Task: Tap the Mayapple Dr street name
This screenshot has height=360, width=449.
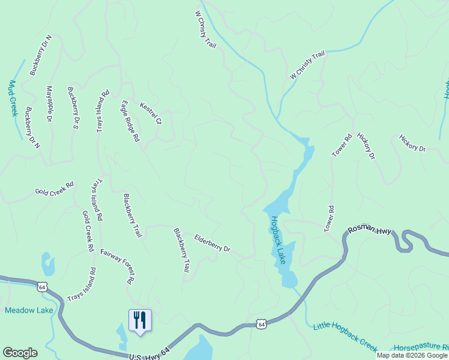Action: [x=49, y=104]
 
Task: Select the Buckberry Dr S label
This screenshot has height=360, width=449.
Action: [x=73, y=108]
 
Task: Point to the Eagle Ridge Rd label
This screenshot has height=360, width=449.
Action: [x=130, y=121]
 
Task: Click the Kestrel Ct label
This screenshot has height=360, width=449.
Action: [x=151, y=113]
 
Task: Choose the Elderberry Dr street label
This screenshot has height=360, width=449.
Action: [x=212, y=243]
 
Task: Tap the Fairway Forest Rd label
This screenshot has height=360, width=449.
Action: [x=117, y=266]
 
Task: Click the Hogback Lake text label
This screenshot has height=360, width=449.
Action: [x=277, y=240]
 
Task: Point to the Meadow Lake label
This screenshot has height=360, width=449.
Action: [x=29, y=310]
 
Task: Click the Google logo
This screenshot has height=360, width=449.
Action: [x=20, y=353]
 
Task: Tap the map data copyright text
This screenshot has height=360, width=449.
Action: [x=412, y=355]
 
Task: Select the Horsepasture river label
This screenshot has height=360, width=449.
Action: [x=421, y=347]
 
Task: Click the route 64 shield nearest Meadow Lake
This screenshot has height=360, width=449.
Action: [x=42, y=287]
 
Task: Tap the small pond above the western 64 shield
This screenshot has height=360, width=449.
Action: [x=47, y=262]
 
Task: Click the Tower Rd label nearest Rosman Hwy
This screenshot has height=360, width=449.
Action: [x=329, y=219]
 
